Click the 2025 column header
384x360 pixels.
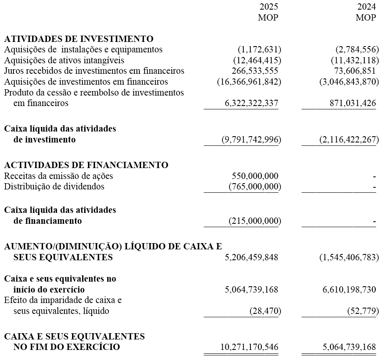pos(268,7)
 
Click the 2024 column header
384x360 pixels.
pos(366,7)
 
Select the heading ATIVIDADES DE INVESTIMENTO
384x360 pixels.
pos(79,39)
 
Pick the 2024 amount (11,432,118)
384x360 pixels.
pos(355,60)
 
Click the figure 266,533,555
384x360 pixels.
pos(255,71)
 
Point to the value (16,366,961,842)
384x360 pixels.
pos(249,82)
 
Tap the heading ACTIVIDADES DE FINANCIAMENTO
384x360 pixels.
pos(86,165)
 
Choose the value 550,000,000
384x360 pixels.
pos(255,176)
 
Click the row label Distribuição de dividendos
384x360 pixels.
pos(54,186)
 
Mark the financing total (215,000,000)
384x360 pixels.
pos(255,221)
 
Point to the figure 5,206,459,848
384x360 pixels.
pos(251,257)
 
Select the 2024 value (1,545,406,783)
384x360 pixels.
pos(349,257)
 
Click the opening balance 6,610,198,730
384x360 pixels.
pos(349,290)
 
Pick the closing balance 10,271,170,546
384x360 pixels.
pos(249,347)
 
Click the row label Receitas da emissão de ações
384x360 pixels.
pos(59,176)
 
